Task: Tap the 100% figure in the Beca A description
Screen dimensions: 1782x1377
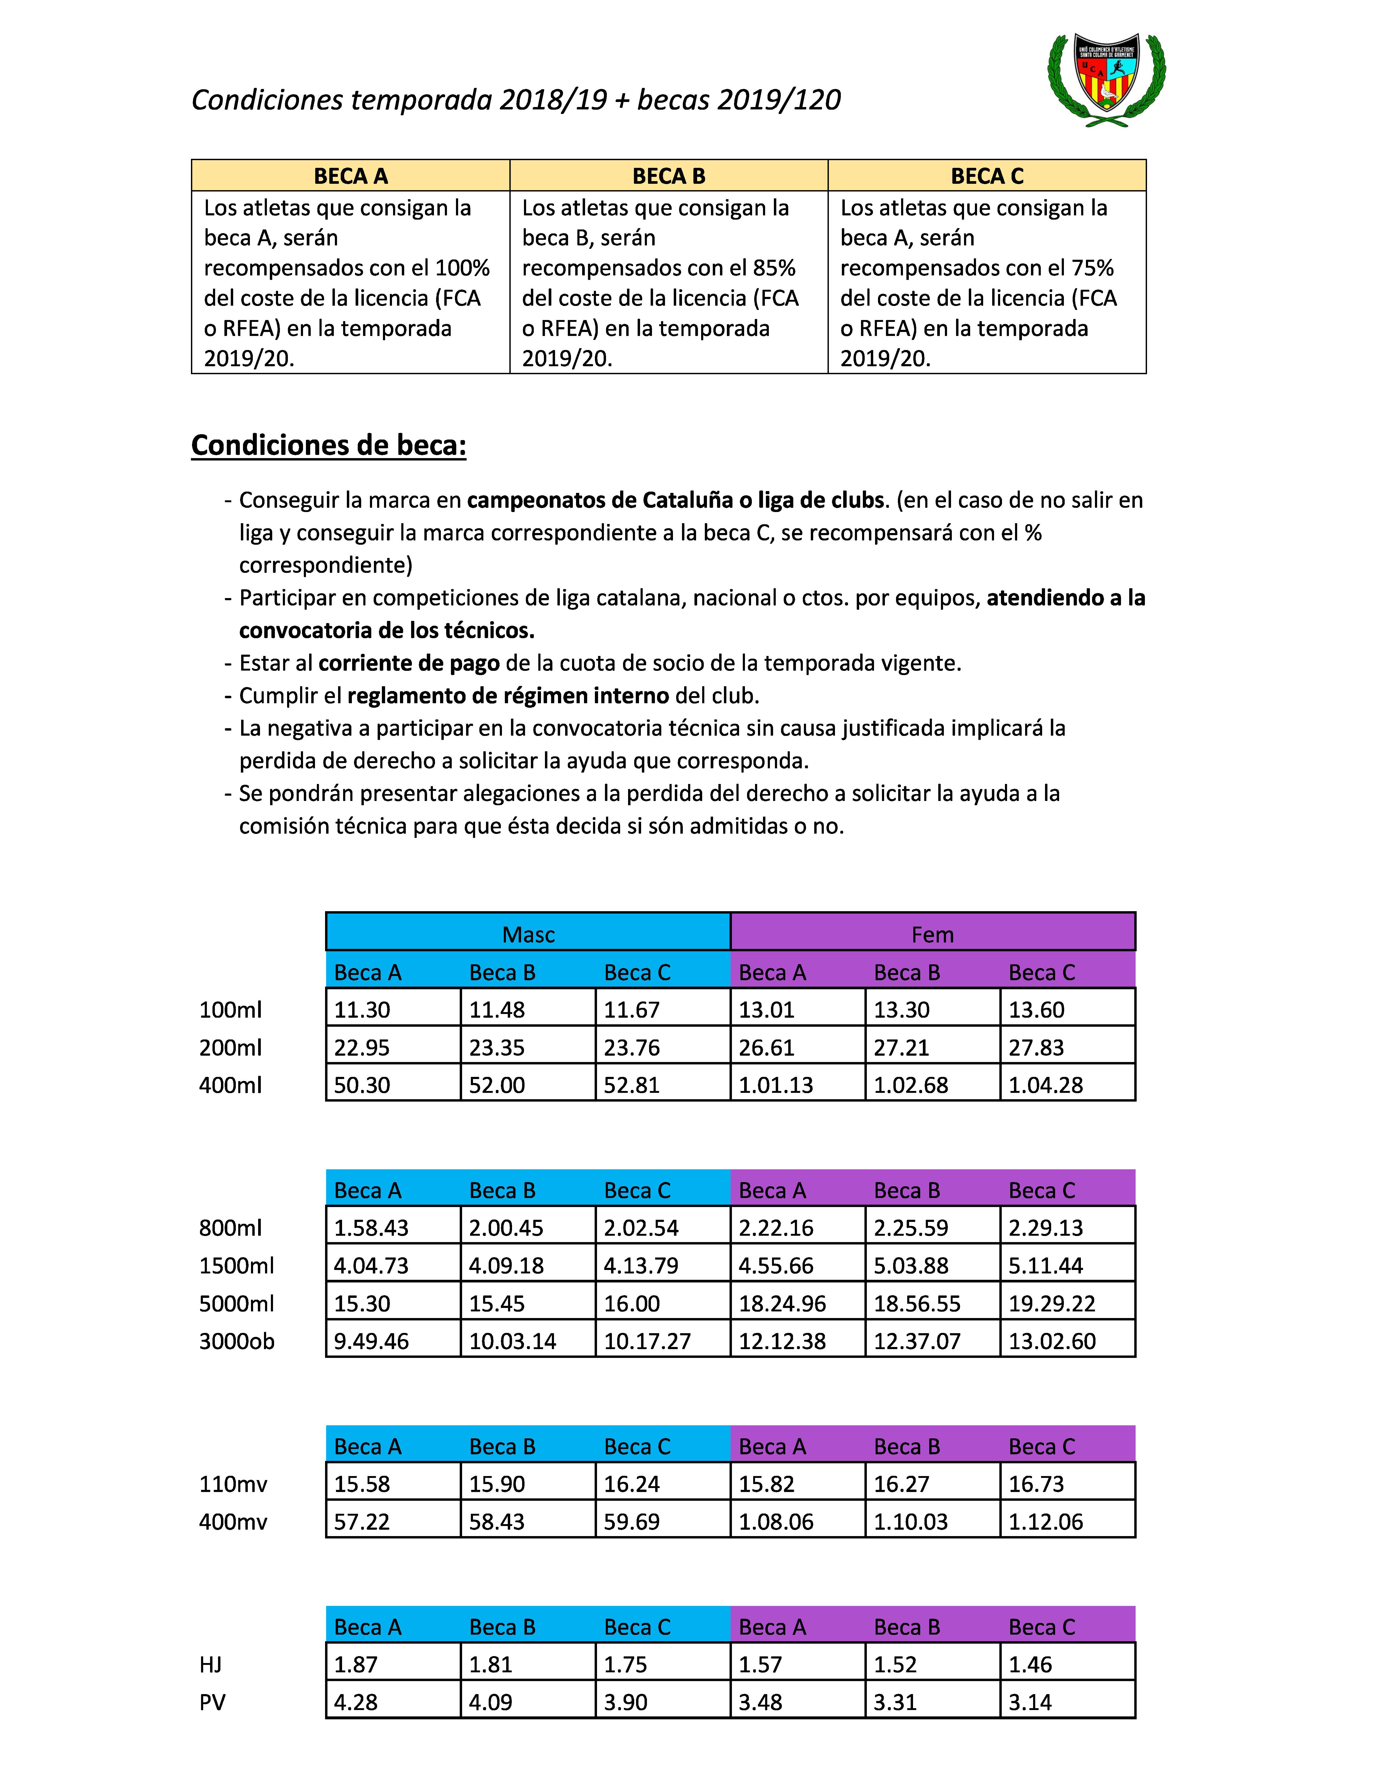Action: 463,268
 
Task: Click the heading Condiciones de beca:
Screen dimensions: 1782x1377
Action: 329,446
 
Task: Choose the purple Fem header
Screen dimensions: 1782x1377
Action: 932,934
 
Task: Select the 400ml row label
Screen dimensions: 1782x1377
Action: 231,1085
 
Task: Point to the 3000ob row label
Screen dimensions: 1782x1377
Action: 237,1341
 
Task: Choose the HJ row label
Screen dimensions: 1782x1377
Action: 210,1665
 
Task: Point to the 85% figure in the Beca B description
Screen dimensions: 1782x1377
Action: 773,268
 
